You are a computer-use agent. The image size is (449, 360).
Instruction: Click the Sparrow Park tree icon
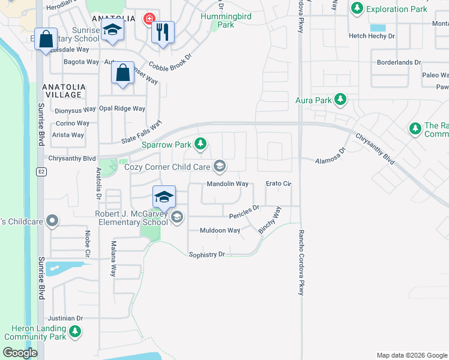[x=201, y=144]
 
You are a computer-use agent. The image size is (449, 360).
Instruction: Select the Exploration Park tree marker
[x=358, y=8]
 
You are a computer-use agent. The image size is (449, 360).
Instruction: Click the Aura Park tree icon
[x=340, y=99]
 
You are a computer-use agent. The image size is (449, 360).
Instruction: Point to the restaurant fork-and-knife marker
[x=161, y=32]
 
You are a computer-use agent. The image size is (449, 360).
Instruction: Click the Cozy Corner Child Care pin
[x=220, y=166]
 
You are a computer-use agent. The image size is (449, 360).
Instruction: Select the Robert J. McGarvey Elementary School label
[x=131, y=218]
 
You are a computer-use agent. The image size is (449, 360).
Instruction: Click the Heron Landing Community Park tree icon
[x=74, y=331]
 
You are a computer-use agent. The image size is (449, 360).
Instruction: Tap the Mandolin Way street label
[x=228, y=184]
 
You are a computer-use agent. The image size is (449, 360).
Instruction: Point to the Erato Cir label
[x=278, y=184]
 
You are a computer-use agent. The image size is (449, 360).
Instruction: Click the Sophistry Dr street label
[x=206, y=254]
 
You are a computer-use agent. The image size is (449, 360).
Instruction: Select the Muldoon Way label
[x=220, y=230]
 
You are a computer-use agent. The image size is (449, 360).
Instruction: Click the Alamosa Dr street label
[x=331, y=157]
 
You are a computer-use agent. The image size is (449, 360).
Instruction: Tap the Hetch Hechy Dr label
[x=372, y=36]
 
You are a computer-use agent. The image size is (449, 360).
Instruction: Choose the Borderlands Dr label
[x=399, y=62]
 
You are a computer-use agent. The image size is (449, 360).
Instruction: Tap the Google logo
[x=20, y=353]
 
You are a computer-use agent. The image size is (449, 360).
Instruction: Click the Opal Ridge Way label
[x=122, y=109]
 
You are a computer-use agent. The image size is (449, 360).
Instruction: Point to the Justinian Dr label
[x=65, y=319]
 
